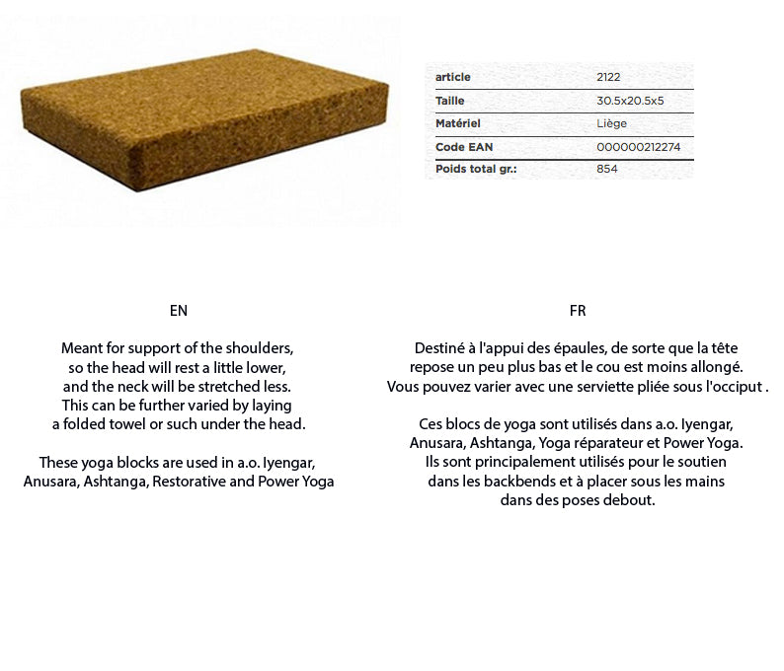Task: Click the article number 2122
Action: point(608,77)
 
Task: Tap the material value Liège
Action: point(611,123)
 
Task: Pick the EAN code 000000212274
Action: point(639,147)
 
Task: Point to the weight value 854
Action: point(607,169)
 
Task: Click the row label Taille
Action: point(449,101)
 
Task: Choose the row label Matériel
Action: point(457,123)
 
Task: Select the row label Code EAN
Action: point(463,147)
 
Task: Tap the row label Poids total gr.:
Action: point(476,169)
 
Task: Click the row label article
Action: point(452,77)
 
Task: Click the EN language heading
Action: point(179,311)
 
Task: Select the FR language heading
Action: point(578,311)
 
